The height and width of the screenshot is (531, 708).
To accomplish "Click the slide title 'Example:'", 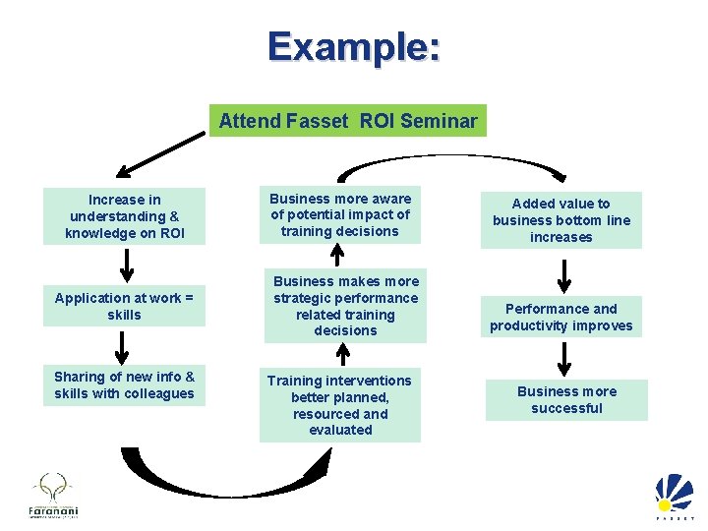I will point(353,46).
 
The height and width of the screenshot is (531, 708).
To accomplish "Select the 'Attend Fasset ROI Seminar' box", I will point(347,121).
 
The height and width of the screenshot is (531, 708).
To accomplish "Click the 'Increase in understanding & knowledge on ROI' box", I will point(124,216).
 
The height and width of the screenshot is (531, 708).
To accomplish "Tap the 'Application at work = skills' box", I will point(124,306).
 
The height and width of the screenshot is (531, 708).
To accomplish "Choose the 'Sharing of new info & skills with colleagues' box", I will point(124,384).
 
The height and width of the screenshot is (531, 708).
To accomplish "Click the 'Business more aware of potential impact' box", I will point(340,214).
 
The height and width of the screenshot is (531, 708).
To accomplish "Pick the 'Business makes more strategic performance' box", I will point(345,306).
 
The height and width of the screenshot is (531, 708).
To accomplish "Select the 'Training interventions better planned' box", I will point(340,404).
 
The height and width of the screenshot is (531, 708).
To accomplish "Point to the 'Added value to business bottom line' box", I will point(560,220).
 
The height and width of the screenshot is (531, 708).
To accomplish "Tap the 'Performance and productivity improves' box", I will point(560,317).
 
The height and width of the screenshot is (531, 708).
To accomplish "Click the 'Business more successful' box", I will point(566,399).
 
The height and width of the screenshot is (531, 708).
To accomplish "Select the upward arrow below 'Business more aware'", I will point(337,255).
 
